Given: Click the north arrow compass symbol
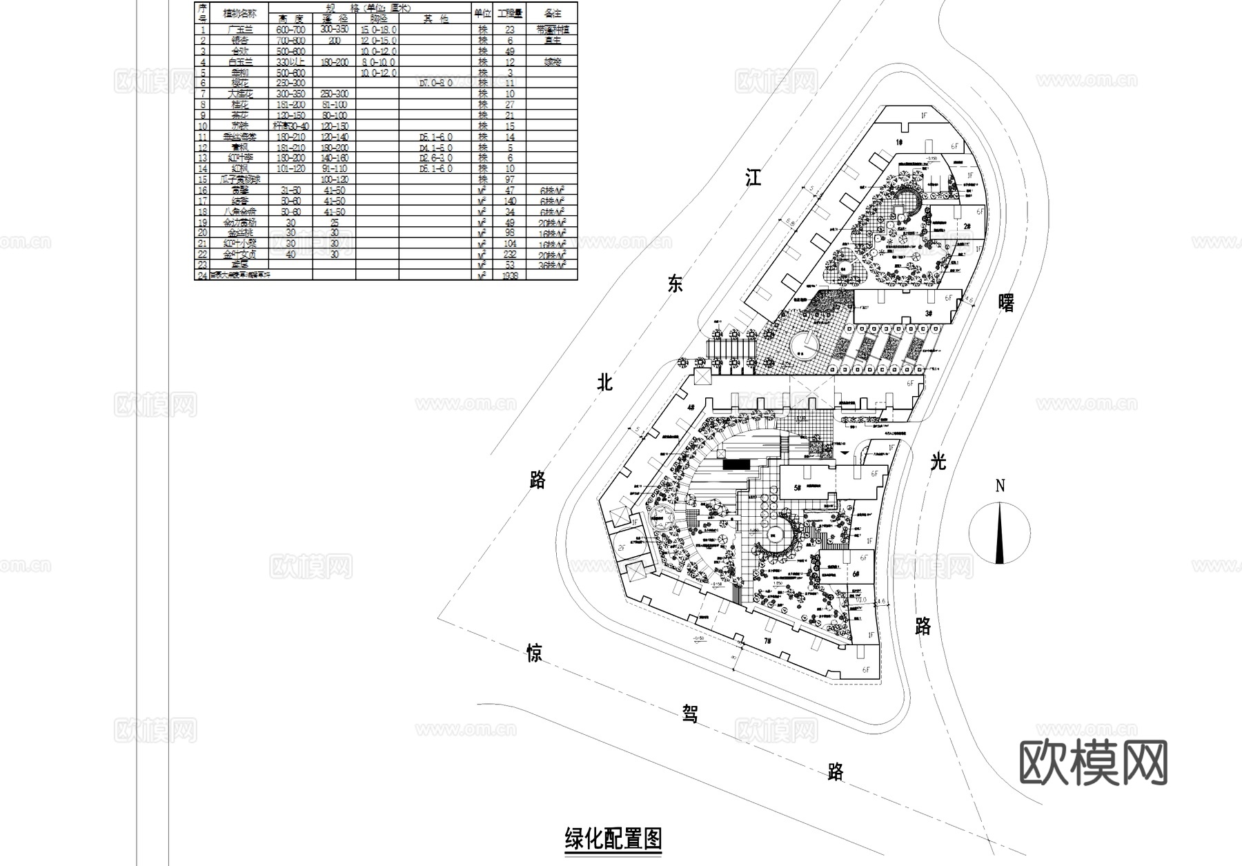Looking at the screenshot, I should point(1000,533).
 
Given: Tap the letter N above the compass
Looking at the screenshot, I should point(1000,486).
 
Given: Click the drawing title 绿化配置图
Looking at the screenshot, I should point(613,839).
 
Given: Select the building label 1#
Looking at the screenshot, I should point(900,142).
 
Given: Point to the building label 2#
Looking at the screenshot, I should point(967,226).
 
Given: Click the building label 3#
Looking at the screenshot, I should point(928,313).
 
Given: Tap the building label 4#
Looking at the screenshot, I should point(690,408).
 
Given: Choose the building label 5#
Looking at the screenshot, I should point(798,488).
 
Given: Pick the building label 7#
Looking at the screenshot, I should point(767,641).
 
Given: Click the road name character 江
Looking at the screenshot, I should point(753,178).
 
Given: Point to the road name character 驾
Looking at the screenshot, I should point(690,714).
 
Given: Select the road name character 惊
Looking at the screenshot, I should point(534,653).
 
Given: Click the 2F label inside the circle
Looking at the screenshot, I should point(621,548).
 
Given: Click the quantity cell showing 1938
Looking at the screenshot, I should point(510,275).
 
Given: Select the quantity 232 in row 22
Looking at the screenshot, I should point(510,254).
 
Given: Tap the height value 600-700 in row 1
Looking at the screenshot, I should point(290,30).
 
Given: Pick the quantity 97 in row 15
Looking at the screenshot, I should point(510,179).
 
